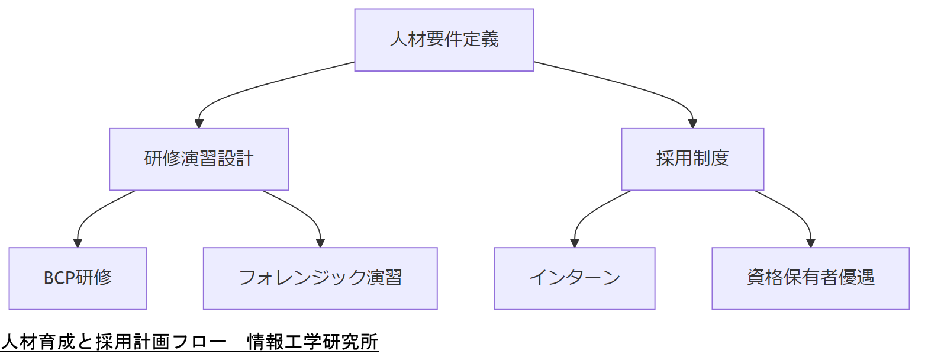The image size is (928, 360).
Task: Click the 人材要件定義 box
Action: [x=444, y=40]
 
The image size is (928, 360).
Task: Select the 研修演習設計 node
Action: [x=199, y=159]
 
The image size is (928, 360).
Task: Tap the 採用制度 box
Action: [x=692, y=159]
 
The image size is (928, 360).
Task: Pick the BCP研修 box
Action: [x=78, y=278]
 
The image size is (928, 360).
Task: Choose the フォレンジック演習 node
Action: [x=320, y=278]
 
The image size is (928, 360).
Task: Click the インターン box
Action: [x=575, y=278]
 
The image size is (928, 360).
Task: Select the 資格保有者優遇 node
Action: [x=810, y=278]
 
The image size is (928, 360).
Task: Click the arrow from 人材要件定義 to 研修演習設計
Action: [x=249, y=89]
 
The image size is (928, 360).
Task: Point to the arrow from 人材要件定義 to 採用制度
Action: [x=639, y=89]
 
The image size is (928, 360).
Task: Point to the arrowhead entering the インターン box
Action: [x=575, y=243]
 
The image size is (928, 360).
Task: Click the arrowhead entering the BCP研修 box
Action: [x=78, y=243]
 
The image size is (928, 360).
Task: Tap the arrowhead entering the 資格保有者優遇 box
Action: [x=810, y=243]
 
